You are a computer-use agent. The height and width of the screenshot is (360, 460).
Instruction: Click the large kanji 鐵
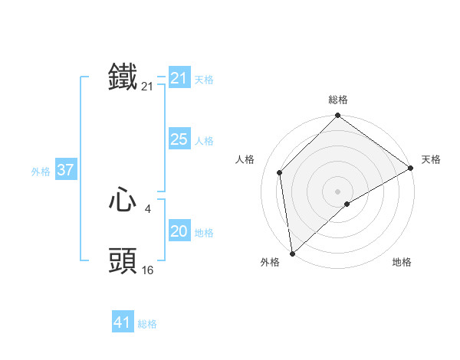[123, 78]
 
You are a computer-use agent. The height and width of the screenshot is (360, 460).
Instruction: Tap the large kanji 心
[123, 201]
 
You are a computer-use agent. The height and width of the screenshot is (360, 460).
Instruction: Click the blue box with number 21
[179, 78]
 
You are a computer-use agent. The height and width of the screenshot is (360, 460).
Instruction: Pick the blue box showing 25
[179, 139]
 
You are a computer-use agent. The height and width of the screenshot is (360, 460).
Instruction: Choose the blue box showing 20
[179, 231]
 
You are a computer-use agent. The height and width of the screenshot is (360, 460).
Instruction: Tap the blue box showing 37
[65, 170]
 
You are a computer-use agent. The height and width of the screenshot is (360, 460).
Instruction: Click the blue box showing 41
[123, 322]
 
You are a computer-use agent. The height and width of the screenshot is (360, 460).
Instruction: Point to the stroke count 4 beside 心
[147, 208]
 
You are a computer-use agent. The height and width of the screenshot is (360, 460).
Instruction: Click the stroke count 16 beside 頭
[147, 270]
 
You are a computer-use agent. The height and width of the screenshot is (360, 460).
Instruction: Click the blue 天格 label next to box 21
[204, 80]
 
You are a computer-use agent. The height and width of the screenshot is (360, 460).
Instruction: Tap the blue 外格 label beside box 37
[41, 172]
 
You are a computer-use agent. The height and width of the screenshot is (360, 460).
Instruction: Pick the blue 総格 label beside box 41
[147, 324]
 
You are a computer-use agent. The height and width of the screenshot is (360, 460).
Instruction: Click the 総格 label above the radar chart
[338, 100]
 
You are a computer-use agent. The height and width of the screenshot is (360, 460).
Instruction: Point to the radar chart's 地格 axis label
[402, 263]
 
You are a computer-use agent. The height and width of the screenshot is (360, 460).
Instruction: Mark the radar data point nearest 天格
[411, 168]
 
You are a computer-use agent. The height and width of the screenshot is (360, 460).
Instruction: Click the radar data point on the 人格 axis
[280, 172]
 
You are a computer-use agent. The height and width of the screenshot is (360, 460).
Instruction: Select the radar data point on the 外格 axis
[292, 254]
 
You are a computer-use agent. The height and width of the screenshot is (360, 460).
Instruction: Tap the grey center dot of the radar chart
[338, 191]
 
